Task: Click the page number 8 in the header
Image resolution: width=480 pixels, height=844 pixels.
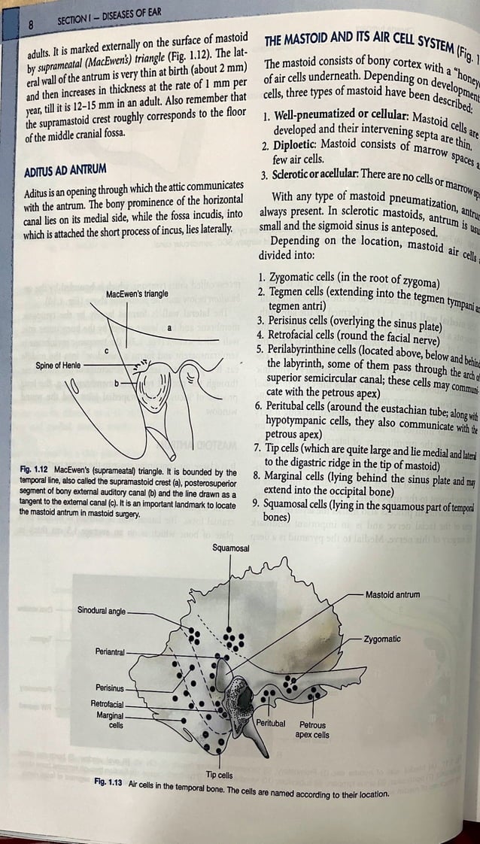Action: [x=31, y=23]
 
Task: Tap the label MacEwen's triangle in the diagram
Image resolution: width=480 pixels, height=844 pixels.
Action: [x=138, y=293]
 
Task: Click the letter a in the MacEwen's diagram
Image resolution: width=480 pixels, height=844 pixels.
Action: [x=169, y=328]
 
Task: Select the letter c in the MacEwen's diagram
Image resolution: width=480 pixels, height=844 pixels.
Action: [x=108, y=351]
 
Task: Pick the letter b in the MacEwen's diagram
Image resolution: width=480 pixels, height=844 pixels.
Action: [x=117, y=384]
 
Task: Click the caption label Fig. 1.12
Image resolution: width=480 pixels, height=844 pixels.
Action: [x=35, y=451]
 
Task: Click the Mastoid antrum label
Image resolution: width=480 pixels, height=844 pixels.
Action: [x=391, y=594]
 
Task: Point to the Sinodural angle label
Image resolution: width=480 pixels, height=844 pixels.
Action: [x=102, y=610]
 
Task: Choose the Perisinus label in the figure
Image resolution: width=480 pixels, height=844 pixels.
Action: [x=111, y=688]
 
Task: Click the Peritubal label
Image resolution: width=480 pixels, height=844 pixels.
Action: [x=271, y=723]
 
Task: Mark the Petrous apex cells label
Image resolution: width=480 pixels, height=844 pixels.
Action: [x=312, y=730]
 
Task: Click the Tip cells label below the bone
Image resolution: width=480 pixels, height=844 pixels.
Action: [x=220, y=774]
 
